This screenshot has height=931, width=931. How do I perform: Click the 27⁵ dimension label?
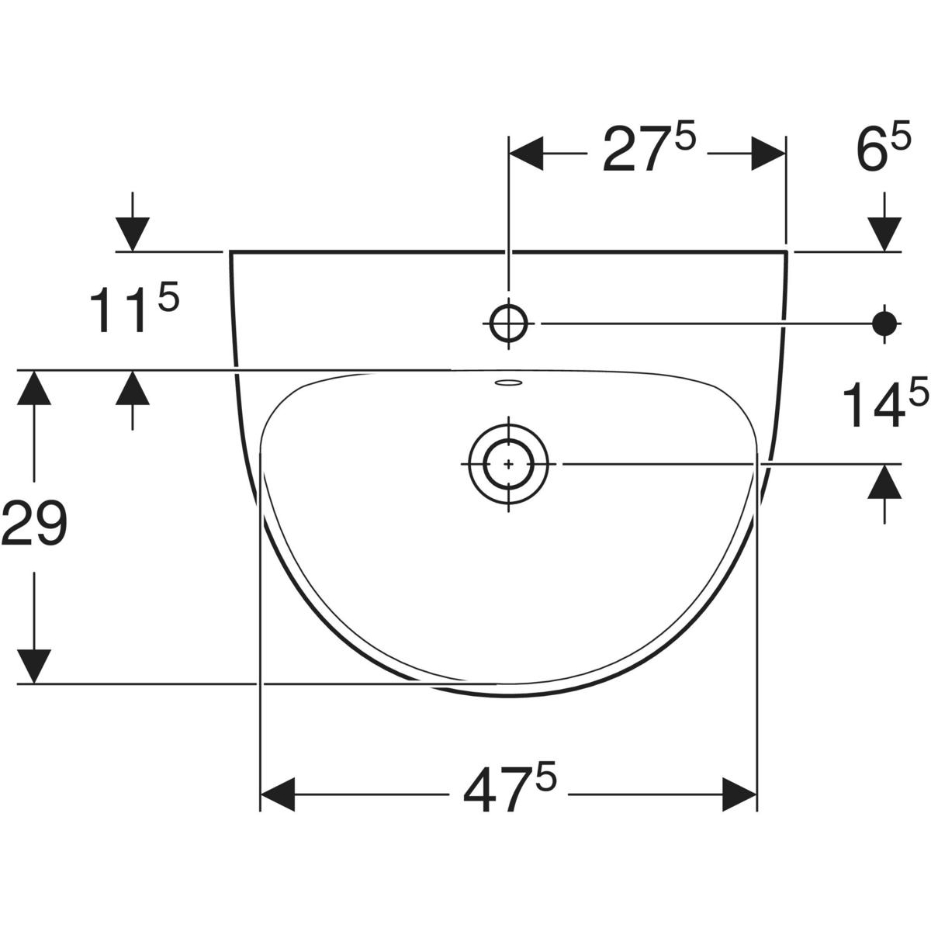(649, 148)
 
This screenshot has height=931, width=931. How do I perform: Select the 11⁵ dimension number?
(134, 308)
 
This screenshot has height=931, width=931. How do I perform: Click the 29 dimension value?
(34, 522)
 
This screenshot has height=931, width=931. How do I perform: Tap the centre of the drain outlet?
(508, 464)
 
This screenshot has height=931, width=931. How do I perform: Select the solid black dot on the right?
(884, 324)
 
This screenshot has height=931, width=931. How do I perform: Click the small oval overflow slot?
(508, 383)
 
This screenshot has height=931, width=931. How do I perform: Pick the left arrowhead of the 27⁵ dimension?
(526, 154)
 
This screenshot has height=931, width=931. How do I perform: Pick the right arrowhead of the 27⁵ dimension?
(768, 154)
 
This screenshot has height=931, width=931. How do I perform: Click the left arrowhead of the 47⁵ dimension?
(278, 794)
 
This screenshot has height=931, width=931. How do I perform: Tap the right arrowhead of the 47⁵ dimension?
(739, 794)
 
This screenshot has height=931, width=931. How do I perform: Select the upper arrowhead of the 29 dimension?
(34, 387)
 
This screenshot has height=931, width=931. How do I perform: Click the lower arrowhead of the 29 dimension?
(34, 666)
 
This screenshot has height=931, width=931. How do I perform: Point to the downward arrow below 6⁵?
(884, 222)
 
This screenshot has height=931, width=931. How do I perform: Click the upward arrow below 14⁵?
(884, 493)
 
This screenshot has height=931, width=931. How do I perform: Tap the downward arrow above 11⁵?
(133, 222)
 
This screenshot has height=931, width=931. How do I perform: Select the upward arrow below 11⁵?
(133, 400)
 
